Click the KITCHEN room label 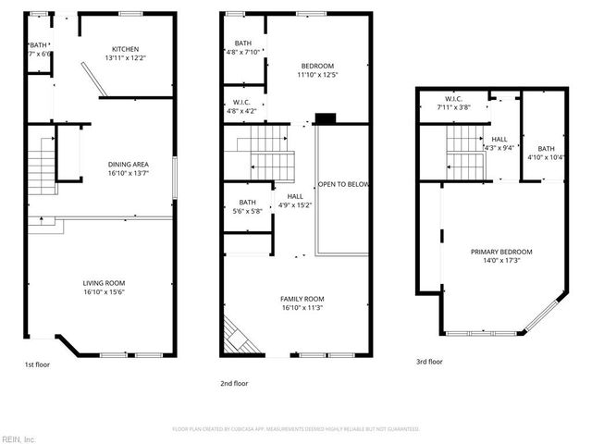pyautogui.click(x=127, y=50)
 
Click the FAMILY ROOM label pyautogui.click(x=302, y=299)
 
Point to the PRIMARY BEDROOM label pyautogui.click(x=501, y=252)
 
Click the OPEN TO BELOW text pyautogui.click(x=344, y=185)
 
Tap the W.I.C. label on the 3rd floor pyautogui.click(x=453, y=98)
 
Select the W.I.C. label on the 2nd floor pyautogui.click(x=241, y=103)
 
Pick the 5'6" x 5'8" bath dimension pyautogui.click(x=248, y=211)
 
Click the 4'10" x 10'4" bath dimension pyautogui.click(x=547, y=157)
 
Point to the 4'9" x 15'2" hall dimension pyautogui.click(x=294, y=204)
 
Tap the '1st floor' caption pyautogui.click(x=38, y=364)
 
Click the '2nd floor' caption pyautogui.click(x=234, y=383)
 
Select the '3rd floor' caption pyautogui.click(x=428, y=362)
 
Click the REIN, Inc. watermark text pyautogui.click(x=18, y=438)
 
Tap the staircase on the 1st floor pyautogui.click(x=42, y=172)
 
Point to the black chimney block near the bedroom pyautogui.click(x=324, y=118)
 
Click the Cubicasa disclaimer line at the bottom pyautogui.click(x=296, y=429)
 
